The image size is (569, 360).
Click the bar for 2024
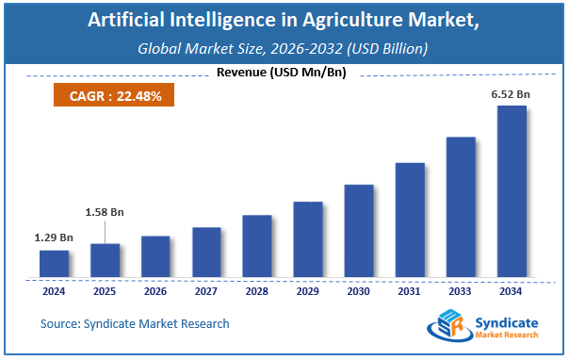click(x=54, y=264)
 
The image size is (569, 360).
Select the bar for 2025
click(x=105, y=261)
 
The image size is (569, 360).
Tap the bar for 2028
click(x=256, y=246)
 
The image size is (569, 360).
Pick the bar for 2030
click(x=358, y=231)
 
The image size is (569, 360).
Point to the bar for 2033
click(x=460, y=207)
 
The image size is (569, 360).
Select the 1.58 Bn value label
click(x=105, y=212)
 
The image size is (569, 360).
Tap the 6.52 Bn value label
click(x=510, y=92)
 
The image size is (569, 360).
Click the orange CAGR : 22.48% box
click(x=106, y=96)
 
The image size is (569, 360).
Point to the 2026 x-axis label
click(x=155, y=291)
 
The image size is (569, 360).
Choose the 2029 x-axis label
click(x=307, y=291)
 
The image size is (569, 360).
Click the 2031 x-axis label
click(x=409, y=291)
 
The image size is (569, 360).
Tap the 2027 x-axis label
click(x=206, y=291)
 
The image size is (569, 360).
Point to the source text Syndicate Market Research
click(x=135, y=323)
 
